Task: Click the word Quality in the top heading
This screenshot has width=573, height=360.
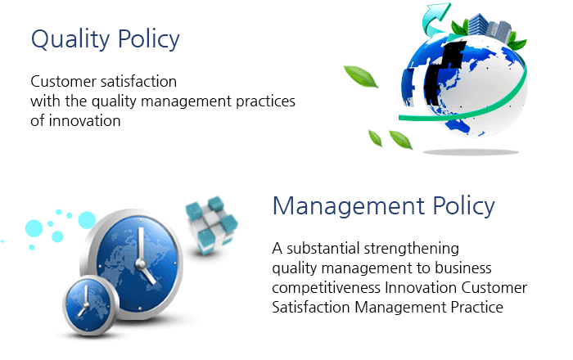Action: tap(68, 38)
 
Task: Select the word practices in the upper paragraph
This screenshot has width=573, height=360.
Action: tap(259, 101)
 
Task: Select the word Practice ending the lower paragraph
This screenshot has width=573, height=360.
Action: tap(472, 307)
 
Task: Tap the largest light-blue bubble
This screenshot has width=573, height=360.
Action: tap(34, 227)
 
